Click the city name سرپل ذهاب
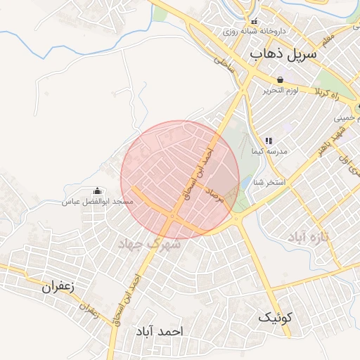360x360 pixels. [283, 53]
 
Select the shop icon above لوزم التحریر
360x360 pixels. [281, 79]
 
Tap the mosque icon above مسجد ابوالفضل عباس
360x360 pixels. [97, 191]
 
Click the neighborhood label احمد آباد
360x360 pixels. [160, 330]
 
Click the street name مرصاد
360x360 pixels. [214, 195]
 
